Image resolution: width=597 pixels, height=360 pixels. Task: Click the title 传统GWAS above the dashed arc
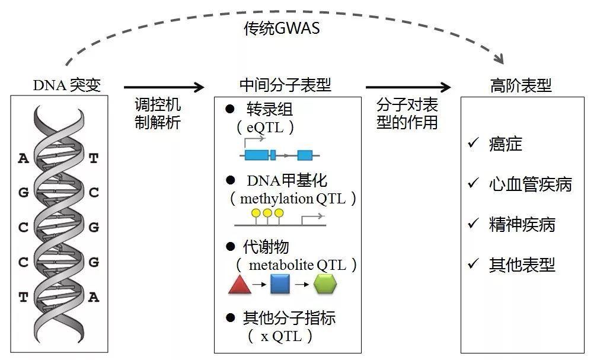pos(282,28)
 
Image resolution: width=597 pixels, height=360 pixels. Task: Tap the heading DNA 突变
pos(66,85)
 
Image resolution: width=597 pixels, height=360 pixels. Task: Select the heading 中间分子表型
pos(285,85)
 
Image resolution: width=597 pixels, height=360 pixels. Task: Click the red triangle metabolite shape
pos(240,285)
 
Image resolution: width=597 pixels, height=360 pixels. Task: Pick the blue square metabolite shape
pos(280,285)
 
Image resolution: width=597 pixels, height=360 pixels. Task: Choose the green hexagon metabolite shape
pos(325,285)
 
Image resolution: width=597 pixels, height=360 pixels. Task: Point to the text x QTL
pos(282,336)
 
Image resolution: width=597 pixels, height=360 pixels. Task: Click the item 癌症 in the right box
pos(505,144)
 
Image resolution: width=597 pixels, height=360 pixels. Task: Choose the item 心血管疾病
pos(530,184)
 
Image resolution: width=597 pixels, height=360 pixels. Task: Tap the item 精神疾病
pos(522,225)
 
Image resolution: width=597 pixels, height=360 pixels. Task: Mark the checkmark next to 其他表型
pos(473,263)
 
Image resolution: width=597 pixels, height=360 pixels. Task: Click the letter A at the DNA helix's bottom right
pos(94,297)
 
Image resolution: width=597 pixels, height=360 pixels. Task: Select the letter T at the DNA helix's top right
pos(94,158)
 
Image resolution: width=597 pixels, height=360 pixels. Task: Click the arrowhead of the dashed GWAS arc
pos(499,59)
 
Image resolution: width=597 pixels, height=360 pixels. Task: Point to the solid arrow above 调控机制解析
pos(163,88)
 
